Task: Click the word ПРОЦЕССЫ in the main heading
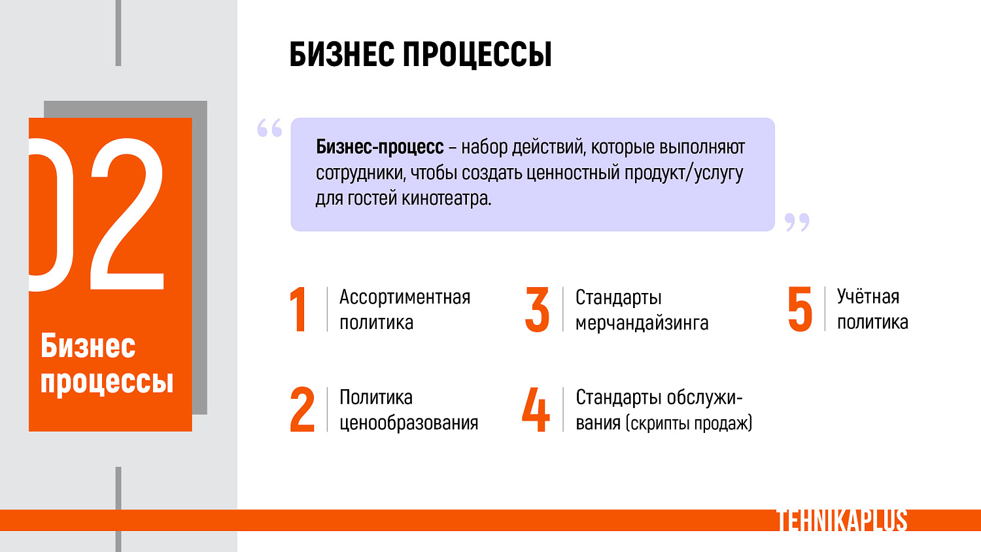(x=477, y=54)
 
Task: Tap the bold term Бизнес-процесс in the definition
(x=379, y=147)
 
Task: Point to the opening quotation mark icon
(x=269, y=128)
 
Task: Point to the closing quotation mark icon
(x=797, y=222)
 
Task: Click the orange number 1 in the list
(x=299, y=309)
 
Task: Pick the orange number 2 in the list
(x=302, y=410)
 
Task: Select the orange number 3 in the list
(x=537, y=309)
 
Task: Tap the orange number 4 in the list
(x=536, y=410)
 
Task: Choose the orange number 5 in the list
(x=800, y=309)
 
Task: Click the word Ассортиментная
(x=405, y=298)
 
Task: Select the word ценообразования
(x=409, y=423)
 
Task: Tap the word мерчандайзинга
(x=642, y=323)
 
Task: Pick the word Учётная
(x=868, y=297)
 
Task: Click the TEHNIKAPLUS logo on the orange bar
(x=842, y=521)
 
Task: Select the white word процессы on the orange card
(x=107, y=381)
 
